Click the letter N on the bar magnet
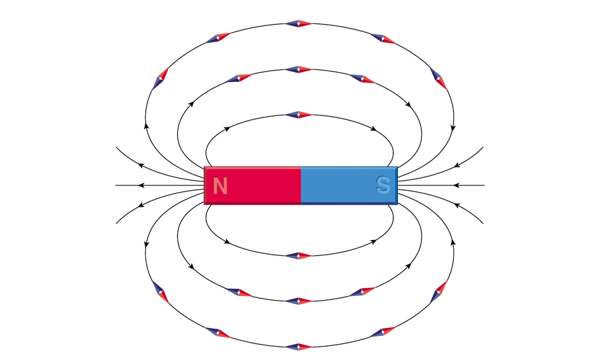220,186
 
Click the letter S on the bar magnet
383,185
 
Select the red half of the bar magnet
253,185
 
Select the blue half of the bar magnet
349,185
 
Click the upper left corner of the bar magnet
205,167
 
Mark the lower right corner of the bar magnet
397,204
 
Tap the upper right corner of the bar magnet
397,167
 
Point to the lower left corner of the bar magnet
205,204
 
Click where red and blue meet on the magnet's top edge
301,167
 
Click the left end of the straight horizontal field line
116,185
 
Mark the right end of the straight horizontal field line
485,185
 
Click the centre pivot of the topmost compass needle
299,23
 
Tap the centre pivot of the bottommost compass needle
299,347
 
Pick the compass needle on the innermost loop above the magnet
299,115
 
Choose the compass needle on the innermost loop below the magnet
299,255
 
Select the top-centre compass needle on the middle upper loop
299,69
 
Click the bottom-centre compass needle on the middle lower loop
299,301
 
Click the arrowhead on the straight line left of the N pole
141,185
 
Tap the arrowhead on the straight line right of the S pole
456,185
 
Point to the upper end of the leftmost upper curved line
116,147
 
